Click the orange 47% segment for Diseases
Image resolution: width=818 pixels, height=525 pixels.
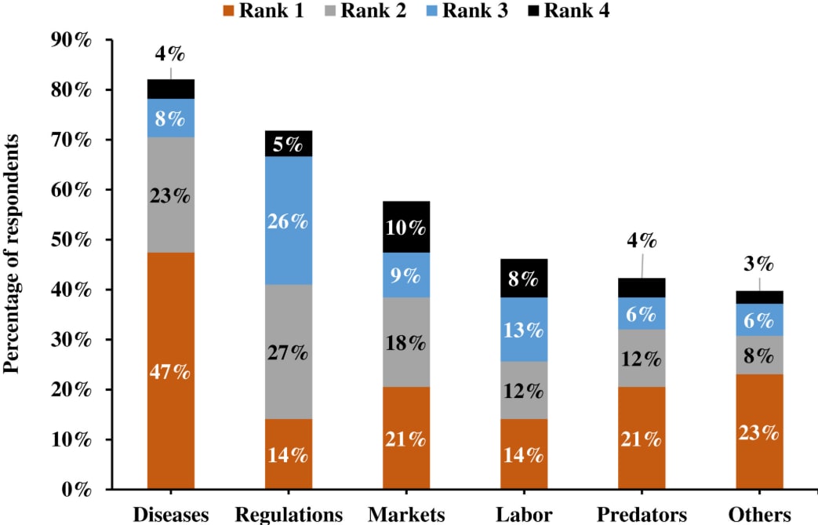click(x=171, y=370)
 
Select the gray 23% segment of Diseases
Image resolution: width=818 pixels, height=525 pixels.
click(x=171, y=195)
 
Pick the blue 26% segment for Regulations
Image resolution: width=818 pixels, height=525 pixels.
click(x=289, y=221)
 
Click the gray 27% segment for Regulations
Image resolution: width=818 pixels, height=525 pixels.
click(x=289, y=352)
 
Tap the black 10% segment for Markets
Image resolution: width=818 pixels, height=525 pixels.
click(x=406, y=228)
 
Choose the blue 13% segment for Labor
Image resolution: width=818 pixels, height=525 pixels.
click(x=524, y=329)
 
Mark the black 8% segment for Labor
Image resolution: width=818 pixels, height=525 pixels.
click(x=524, y=278)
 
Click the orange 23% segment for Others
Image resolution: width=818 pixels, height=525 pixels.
click(x=759, y=432)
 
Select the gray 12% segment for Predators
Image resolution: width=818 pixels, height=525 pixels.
click(x=642, y=358)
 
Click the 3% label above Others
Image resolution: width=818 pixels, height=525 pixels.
click(x=758, y=263)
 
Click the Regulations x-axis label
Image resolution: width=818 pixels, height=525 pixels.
click(x=289, y=514)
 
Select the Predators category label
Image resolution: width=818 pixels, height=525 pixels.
click(x=642, y=514)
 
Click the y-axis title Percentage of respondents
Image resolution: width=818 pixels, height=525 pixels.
click(x=13, y=253)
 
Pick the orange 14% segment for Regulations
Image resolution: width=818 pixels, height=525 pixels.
click(x=289, y=454)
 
